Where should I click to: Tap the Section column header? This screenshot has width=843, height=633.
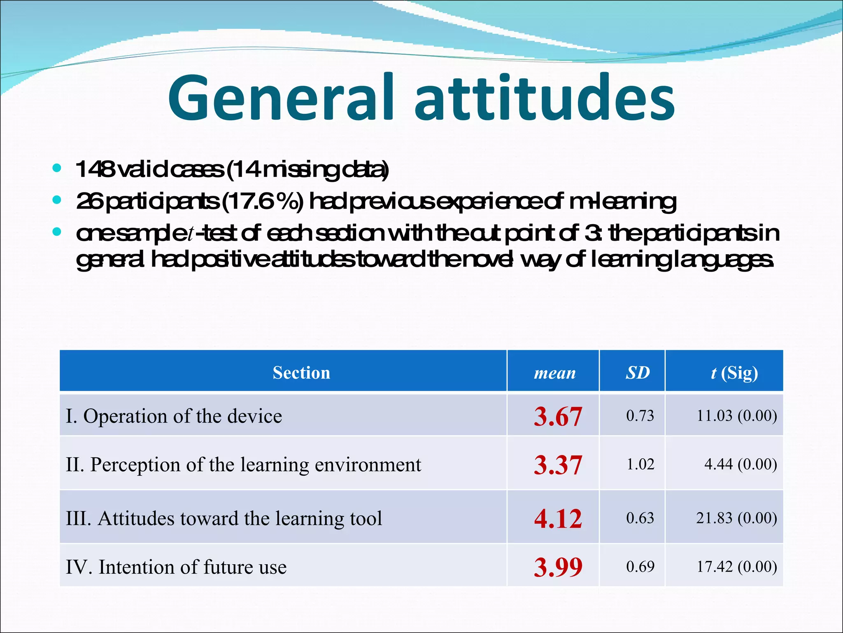(301, 373)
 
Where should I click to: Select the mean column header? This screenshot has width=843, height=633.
(554, 373)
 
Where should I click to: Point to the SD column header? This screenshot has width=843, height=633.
(638, 373)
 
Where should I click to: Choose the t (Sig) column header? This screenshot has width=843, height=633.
(734, 373)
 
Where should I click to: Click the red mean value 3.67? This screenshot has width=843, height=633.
(558, 416)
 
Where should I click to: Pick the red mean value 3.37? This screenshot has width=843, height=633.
(558, 465)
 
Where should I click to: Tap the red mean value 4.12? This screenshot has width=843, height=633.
(558, 518)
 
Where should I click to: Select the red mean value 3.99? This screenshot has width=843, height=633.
(558, 567)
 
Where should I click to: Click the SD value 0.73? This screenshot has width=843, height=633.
(640, 415)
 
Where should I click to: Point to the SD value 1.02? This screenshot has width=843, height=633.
(640, 464)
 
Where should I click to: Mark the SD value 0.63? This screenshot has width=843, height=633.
(640, 518)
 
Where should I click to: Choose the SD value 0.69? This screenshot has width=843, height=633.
(640, 567)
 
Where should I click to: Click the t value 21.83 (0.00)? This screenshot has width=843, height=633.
(736, 518)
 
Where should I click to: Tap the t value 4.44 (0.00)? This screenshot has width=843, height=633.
(741, 464)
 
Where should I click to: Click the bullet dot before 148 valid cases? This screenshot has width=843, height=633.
(57, 168)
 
